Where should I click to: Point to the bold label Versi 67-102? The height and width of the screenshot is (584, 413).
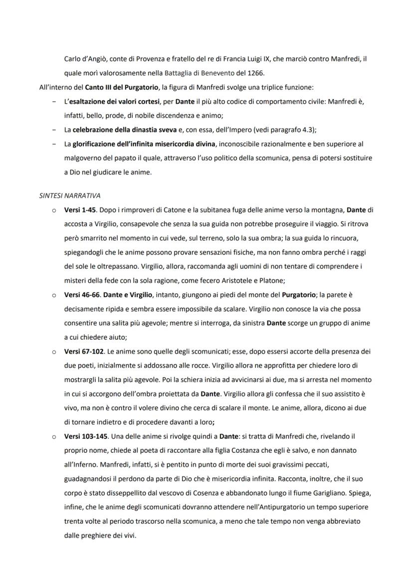(x=84, y=352)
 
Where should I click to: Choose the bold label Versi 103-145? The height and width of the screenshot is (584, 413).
(x=86, y=436)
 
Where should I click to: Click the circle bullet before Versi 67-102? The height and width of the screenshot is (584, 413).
(x=53, y=352)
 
